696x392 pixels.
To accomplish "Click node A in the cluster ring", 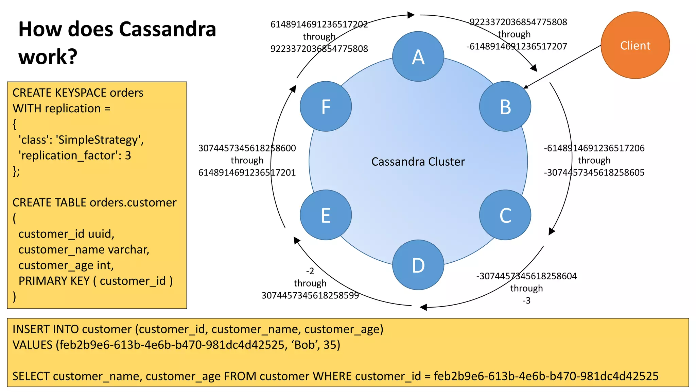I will [418, 56].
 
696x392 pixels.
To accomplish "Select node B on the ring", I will [505, 107].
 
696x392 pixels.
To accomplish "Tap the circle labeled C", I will [505, 215].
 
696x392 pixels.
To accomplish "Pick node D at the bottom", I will [418, 265].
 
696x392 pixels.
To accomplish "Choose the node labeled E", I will [326, 215].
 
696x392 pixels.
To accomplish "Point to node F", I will [326, 107].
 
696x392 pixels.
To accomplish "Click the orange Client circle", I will [635, 45].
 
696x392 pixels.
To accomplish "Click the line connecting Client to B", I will [562, 66].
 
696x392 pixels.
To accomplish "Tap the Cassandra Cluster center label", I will [418, 162].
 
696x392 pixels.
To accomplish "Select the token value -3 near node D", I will [526, 300].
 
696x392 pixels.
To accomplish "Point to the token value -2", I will [310, 271].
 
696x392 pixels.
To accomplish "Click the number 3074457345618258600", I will [247, 148].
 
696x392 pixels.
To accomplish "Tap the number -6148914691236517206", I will [594, 148].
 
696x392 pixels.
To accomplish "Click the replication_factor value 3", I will [128, 156].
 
